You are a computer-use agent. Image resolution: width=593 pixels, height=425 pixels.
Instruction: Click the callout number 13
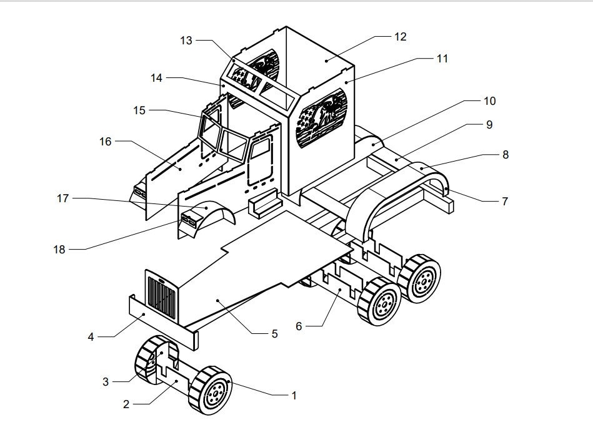[x=186, y=41]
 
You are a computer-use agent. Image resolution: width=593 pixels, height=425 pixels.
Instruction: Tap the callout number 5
[x=274, y=334]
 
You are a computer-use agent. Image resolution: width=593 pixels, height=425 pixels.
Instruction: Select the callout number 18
[x=59, y=250]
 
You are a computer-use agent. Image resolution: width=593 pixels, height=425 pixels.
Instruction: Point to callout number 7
[x=505, y=202]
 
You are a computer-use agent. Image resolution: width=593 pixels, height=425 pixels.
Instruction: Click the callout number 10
[x=489, y=101]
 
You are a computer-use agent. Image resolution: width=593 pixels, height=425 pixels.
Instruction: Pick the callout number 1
[x=294, y=396]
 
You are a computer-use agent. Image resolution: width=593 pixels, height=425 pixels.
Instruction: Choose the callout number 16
[x=106, y=142]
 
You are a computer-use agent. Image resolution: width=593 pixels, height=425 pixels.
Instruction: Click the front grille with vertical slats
[x=162, y=297]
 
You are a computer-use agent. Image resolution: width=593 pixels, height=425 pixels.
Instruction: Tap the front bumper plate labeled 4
[x=163, y=321]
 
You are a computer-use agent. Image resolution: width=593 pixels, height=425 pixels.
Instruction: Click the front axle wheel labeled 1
[x=211, y=390]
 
